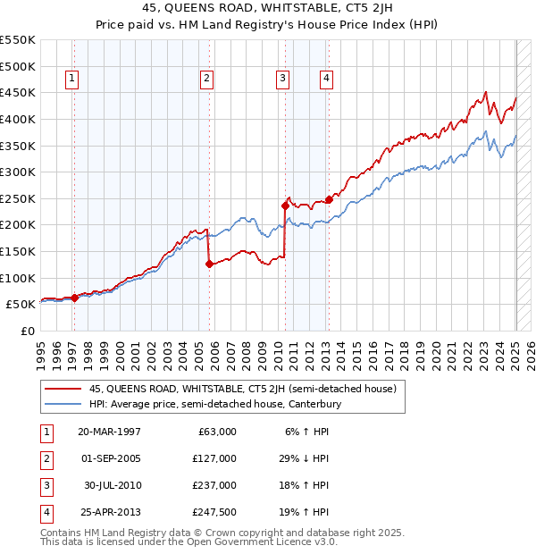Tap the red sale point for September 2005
click(x=208, y=264)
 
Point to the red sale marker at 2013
click(x=329, y=199)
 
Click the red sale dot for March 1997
click(x=75, y=298)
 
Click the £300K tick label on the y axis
click(x=18, y=172)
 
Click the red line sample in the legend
click(x=63, y=389)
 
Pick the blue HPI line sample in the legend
click(x=63, y=405)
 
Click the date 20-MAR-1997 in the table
click(x=109, y=432)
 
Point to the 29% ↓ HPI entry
click(x=303, y=458)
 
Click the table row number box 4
click(x=45, y=512)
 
